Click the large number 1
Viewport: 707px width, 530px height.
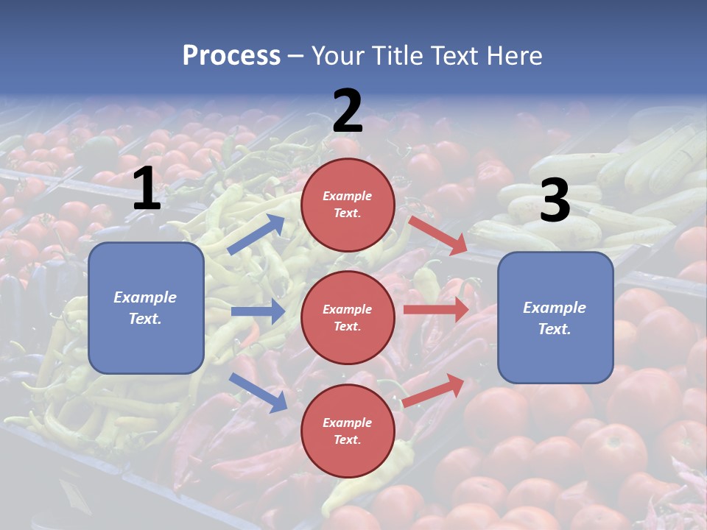147,189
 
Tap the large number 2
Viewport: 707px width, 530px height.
348,111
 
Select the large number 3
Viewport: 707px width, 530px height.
555,201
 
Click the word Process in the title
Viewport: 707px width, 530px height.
231,55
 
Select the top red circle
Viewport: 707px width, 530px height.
348,205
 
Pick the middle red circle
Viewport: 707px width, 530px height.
348,317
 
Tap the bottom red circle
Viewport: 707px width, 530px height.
348,431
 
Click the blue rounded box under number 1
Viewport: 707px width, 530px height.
146,308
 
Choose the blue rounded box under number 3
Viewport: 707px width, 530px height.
555,317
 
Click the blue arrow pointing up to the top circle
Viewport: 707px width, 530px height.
256,234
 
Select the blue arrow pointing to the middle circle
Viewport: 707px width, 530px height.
258,311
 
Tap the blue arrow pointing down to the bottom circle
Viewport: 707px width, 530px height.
258,392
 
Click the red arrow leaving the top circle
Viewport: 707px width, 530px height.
437,235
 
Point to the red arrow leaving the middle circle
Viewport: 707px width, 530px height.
436,309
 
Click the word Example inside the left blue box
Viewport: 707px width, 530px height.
145,297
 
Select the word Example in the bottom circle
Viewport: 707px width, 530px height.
347,423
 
